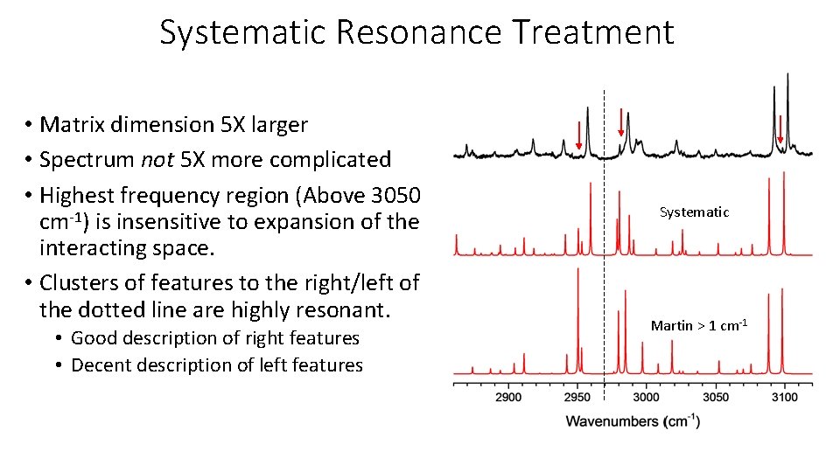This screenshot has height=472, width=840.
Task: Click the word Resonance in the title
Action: pyautogui.click(x=418, y=32)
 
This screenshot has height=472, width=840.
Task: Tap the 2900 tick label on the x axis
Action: pyautogui.click(x=508, y=397)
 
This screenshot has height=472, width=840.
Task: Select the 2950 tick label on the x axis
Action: pyautogui.click(x=577, y=397)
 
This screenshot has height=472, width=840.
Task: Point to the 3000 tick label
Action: pyautogui.click(x=646, y=397)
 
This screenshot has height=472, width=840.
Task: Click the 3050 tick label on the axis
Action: pyautogui.click(x=716, y=397)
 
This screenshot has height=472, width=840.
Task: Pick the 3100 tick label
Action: pyautogui.click(x=784, y=397)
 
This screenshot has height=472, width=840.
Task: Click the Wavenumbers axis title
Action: pyautogui.click(x=633, y=421)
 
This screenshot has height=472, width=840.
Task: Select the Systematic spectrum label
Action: pyautogui.click(x=694, y=212)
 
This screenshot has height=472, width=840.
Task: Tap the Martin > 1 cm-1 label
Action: pyautogui.click(x=698, y=325)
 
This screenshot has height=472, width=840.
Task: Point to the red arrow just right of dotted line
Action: pyautogui.click(x=620, y=121)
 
